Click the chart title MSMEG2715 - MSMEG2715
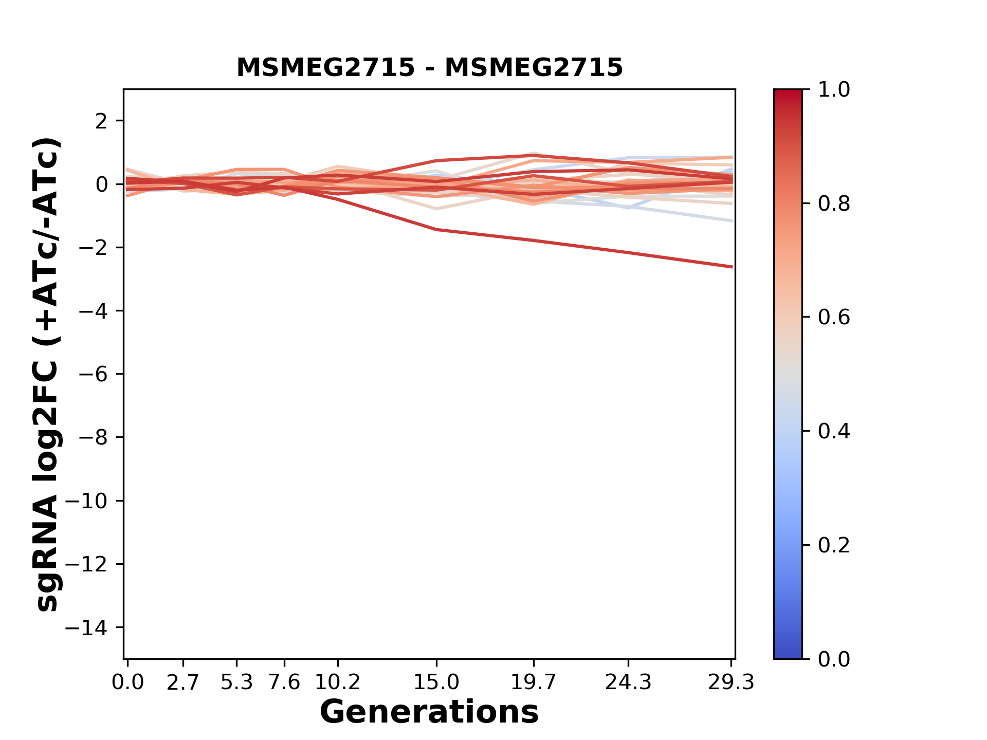coord(430,67)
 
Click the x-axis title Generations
coord(429,712)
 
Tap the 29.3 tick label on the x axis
coord(732,682)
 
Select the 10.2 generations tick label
coord(337,682)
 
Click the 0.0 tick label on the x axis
coord(127,682)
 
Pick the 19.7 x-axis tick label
coord(534,682)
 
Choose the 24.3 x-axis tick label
coord(628,682)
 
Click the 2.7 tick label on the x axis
coord(183,682)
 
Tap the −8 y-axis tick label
coord(93,437)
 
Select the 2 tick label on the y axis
coord(102,121)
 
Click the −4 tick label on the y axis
coord(93,311)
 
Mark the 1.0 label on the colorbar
coord(834,89)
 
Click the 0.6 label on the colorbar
coord(834,317)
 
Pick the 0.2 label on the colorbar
coord(834,545)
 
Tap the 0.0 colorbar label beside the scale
coord(834,659)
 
